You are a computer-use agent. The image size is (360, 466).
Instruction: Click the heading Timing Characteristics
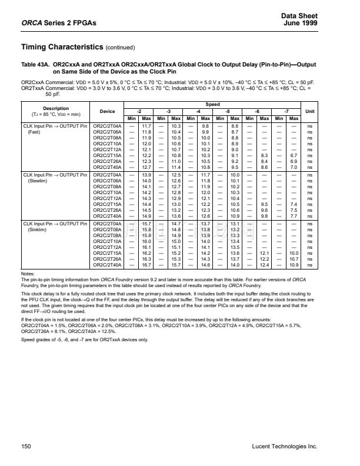54,47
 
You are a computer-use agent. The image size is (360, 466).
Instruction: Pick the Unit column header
309,111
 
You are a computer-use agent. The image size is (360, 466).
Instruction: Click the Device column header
108,111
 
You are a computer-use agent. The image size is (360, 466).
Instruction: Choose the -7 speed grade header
286,111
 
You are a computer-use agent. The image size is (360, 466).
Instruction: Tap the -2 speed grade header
139,111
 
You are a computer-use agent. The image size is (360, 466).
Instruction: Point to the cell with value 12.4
265,265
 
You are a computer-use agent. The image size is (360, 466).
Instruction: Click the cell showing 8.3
265,155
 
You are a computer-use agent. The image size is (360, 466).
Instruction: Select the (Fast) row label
36,132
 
